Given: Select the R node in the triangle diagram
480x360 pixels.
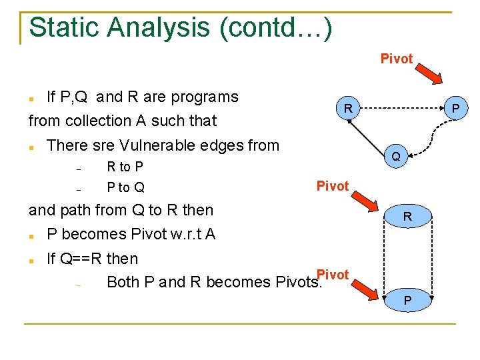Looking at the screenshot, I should [347, 108].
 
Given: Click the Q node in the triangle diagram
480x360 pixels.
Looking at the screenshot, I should [396, 157].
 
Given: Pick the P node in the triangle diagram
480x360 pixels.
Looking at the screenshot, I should [455, 108].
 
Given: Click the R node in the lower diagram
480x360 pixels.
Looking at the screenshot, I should [407, 217].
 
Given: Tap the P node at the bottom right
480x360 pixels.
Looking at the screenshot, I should [407, 301].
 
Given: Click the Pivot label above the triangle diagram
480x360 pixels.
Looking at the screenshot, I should [397, 59].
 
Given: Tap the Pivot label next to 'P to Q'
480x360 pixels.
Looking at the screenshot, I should [332, 186].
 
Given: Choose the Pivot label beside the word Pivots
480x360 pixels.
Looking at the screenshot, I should [333, 275].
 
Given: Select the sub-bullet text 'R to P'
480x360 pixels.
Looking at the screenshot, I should [125, 167].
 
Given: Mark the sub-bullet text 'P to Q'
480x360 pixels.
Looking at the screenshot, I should [125, 187].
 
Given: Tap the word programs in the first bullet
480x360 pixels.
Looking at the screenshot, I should [205, 97].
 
